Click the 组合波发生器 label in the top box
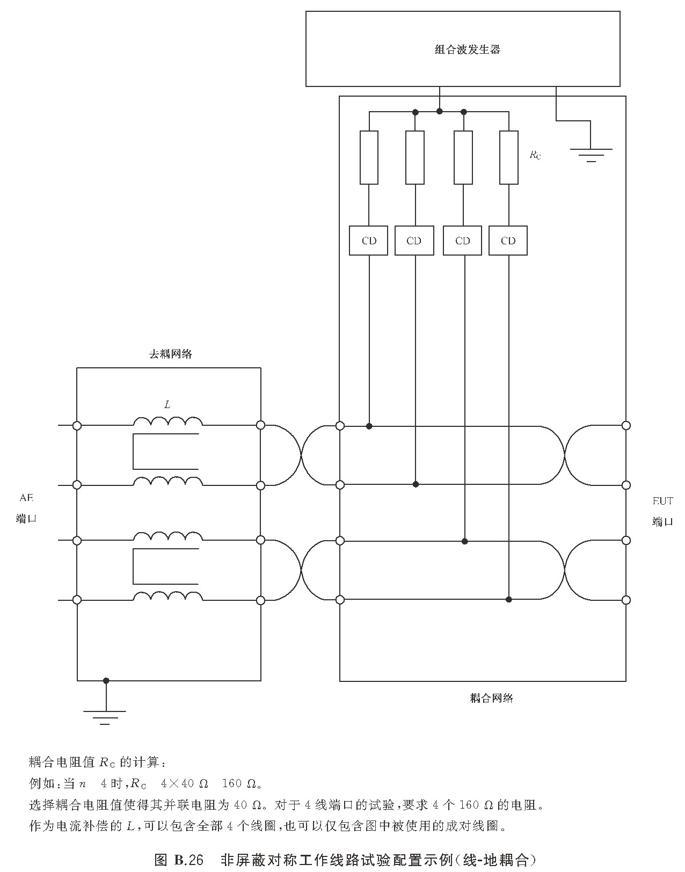pos(467,49)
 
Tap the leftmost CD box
pos(369,241)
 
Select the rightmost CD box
pos(508,241)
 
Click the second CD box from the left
pos(414,241)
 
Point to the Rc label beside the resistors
pos(535,155)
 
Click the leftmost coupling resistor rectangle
pos(369,157)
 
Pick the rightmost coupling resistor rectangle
pos(508,157)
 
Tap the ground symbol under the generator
pos(591,155)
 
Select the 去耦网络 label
pos(170,354)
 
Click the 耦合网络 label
pos(491,698)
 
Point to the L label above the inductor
pos(167,404)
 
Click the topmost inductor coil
pos(168,421)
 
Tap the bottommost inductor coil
pos(168,596)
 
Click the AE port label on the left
pos(26,508)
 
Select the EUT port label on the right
pos(662,511)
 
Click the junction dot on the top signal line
pos(369,426)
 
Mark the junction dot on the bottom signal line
pos(508,599)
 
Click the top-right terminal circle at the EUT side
pos(626,425)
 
